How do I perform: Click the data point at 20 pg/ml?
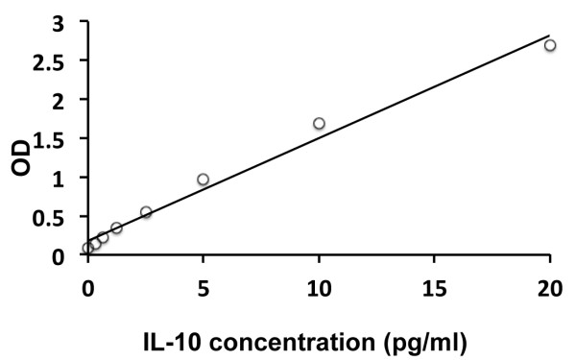(550, 45)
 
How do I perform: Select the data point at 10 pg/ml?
(319, 123)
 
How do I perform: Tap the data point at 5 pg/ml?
(203, 180)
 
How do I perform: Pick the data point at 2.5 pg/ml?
(146, 212)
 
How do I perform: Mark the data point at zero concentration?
(88, 248)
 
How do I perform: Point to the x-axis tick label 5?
(204, 285)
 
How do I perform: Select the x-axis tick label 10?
(319, 285)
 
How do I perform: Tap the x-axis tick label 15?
(434, 285)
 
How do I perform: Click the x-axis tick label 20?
(549, 285)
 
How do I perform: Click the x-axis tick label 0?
(88, 285)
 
